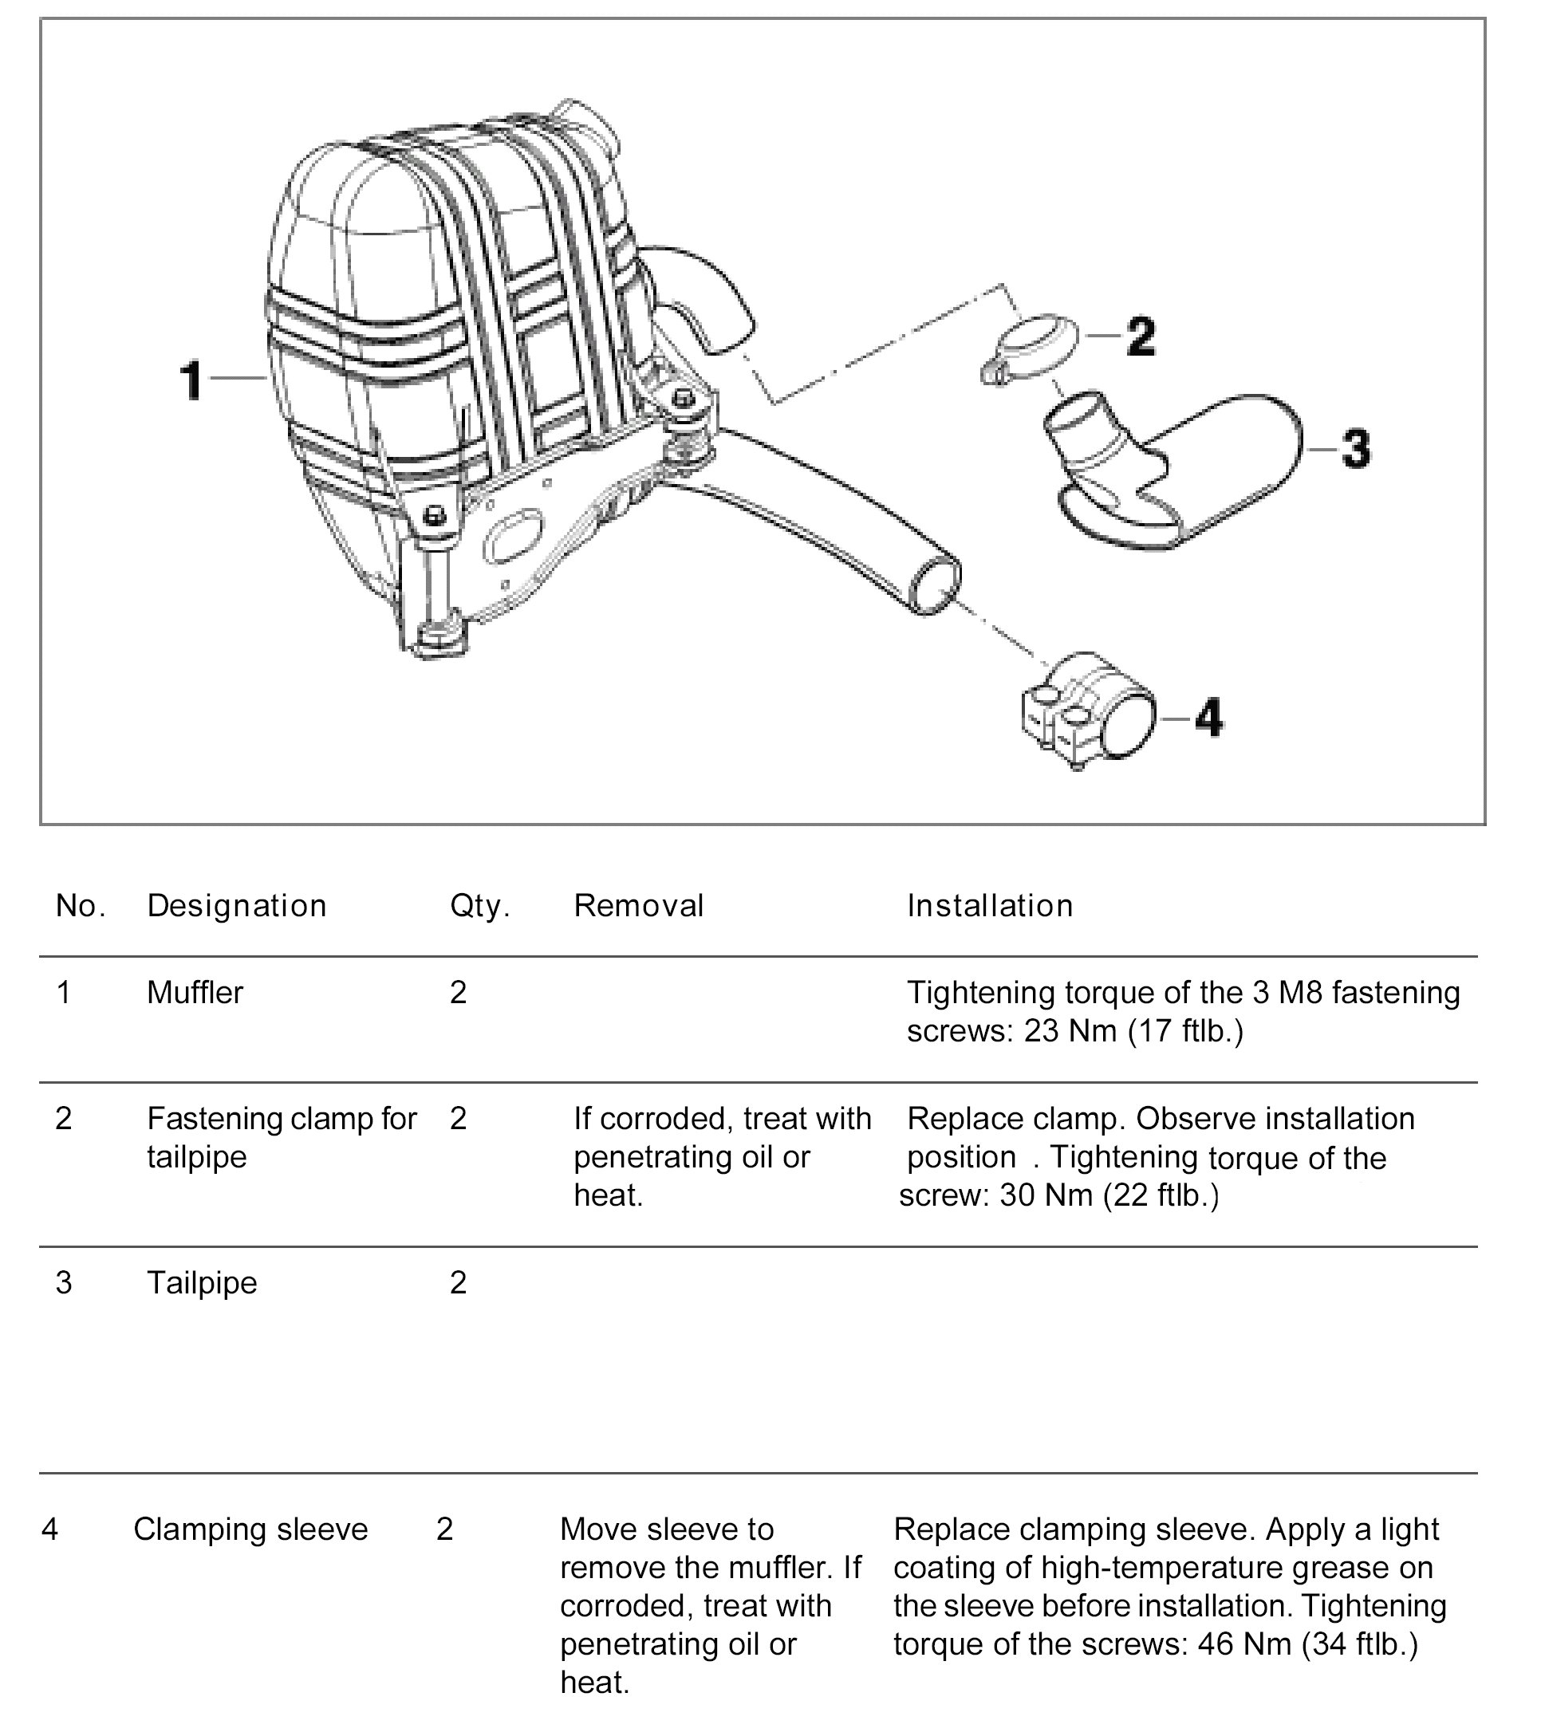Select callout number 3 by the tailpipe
pos(1356,447)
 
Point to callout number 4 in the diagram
pos(1209,718)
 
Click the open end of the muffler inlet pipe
pos(936,585)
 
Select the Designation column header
pos(236,906)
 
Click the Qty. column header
pos(479,906)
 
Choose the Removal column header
pos(638,906)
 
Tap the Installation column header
pos(990,906)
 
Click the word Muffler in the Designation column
pos(195,992)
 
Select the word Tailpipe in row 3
pos(201,1282)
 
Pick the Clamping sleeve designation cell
pos(250,1529)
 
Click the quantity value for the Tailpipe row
pos(458,1282)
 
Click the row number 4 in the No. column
pos(50,1529)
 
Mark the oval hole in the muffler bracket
pos(512,536)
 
